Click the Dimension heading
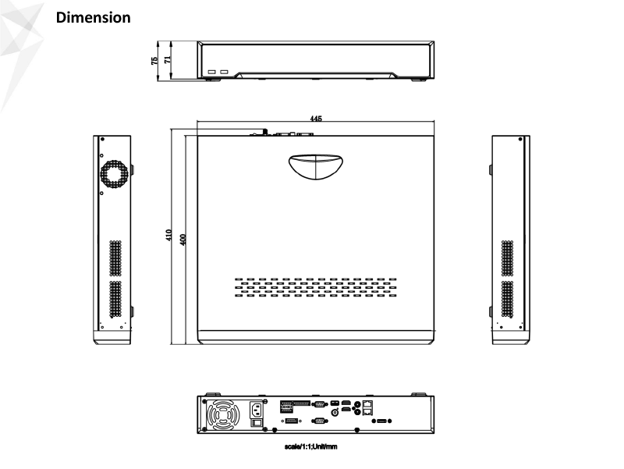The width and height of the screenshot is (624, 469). pos(93,17)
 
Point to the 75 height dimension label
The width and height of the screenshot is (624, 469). pos(154,61)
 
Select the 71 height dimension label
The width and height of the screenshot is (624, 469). pos(168,59)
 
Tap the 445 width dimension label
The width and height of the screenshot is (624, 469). pos(316,119)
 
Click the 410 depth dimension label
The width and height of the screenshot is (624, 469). pos(168,235)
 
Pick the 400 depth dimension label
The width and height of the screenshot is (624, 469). pos(183,240)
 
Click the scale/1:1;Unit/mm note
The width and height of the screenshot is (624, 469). pos(310,446)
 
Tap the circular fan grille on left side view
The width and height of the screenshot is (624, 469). pos(114,174)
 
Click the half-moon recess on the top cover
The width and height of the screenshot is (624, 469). pos(316,166)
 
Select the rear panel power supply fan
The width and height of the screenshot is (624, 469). pos(223,415)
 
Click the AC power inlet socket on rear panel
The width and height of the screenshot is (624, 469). pos(257,410)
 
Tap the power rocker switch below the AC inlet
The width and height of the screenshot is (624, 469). pos(257,423)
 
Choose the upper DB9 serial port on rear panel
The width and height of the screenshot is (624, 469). pos(320,404)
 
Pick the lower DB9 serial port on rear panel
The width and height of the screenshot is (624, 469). pos(320,421)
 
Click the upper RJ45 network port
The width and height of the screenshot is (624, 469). pos(367,403)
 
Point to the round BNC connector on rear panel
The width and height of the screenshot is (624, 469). pos(335,413)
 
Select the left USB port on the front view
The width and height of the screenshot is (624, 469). pos(211,72)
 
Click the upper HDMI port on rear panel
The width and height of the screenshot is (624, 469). pos(346,403)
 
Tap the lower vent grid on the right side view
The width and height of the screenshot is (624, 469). pos(508,299)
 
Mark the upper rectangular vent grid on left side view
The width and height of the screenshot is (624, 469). pos(115,258)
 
